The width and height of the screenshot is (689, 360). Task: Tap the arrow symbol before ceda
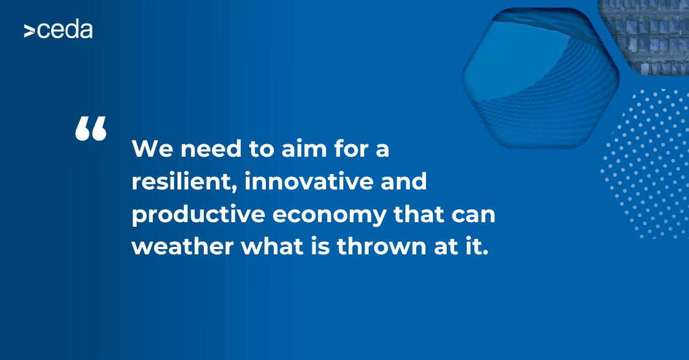tap(29, 31)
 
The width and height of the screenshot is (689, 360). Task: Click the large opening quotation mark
tap(91, 129)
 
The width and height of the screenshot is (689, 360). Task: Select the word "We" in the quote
tap(152, 149)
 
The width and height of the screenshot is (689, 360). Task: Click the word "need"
tap(211, 148)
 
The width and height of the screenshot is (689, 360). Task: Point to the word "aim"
tap(304, 148)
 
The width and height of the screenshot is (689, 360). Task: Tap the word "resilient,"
tap(184, 181)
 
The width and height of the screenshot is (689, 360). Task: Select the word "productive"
tap(199, 215)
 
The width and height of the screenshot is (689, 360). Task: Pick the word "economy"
tap(330, 216)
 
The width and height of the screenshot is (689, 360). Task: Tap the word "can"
tap(473, 216)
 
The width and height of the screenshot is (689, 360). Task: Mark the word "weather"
tap(183, 246)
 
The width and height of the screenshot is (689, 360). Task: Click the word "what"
tap(273, 246)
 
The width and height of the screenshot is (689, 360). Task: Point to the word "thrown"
tap(382, 246)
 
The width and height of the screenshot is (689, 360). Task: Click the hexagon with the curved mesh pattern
tap(540, 79)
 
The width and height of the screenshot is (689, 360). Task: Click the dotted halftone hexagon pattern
tap(646, 164)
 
